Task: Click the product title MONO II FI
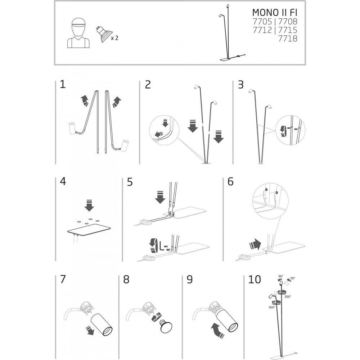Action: [x=275, y=12]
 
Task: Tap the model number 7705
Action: [x=262, y=22]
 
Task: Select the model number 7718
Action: [x=288, y=39]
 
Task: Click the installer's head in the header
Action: [x=78, y=26]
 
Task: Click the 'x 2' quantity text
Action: [x=114, y=38]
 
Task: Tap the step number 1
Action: [x=62, y=84]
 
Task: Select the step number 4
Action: [x=63, y=181]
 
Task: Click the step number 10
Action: [x=255, y=279]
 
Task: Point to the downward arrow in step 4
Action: [x=89, y=206]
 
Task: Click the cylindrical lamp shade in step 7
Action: [x=102, y=325]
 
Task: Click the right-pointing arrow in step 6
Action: [x=255, y=244]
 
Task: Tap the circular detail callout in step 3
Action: [x=290, y=130]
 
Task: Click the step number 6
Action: [x=230, y=181]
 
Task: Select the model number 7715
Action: [x=288, y=30]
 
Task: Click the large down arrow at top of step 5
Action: [x=160, y=197]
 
